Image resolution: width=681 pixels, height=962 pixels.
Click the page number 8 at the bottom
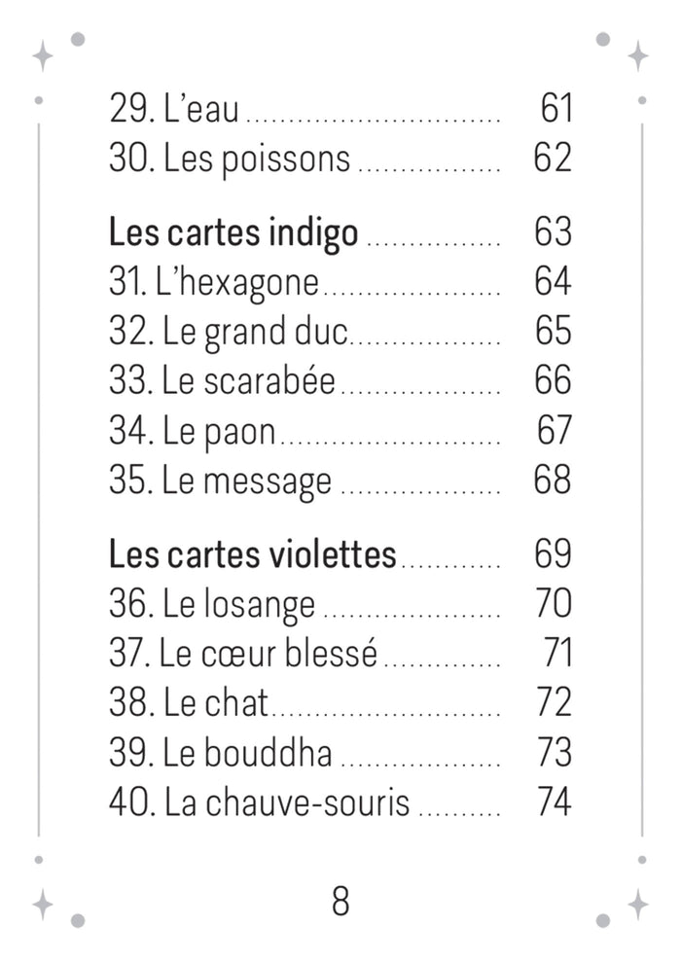point(340,902)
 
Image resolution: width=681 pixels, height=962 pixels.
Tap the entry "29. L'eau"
point(174,109)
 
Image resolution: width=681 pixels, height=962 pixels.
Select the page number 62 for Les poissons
point(553,159)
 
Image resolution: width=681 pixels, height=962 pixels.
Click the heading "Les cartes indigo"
point(233,233)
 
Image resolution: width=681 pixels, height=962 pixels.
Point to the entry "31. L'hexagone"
point(214,283)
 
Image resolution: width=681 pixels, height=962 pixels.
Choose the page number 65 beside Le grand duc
point(553,333)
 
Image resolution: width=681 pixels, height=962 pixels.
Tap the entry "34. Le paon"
point(193,431)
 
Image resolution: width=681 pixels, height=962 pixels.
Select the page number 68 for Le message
point(553,481)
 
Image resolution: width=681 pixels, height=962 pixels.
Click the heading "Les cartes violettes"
point(253,555)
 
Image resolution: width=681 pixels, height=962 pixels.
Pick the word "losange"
point(260,606)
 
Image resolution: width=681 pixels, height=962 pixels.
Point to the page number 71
point(556,654)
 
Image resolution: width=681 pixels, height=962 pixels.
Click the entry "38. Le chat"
point(189,703)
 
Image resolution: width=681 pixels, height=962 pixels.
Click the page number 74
point(553,802)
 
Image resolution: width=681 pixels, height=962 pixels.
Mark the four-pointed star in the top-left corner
point(43,55)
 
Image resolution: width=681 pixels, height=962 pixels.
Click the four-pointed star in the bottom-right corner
point(637,904)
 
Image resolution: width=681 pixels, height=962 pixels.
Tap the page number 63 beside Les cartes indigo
point(553,233)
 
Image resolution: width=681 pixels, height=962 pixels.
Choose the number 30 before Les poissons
point(127,159)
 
